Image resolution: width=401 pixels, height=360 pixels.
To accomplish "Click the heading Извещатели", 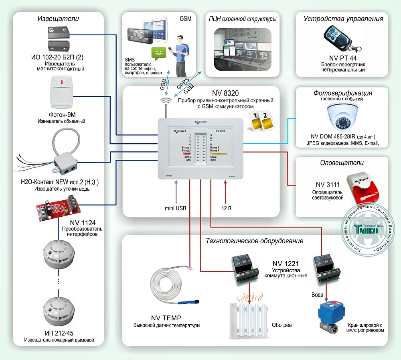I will coord(58,18).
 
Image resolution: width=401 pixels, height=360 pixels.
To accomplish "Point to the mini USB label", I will coord(175,208).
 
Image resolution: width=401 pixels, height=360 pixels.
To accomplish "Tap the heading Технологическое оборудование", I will coord(254,241).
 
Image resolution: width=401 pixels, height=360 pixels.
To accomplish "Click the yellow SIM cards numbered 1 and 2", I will coord(259,120).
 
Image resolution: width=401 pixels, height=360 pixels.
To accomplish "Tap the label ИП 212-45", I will coord(59,333).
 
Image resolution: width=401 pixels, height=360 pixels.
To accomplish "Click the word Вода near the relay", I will coord(317,294).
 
